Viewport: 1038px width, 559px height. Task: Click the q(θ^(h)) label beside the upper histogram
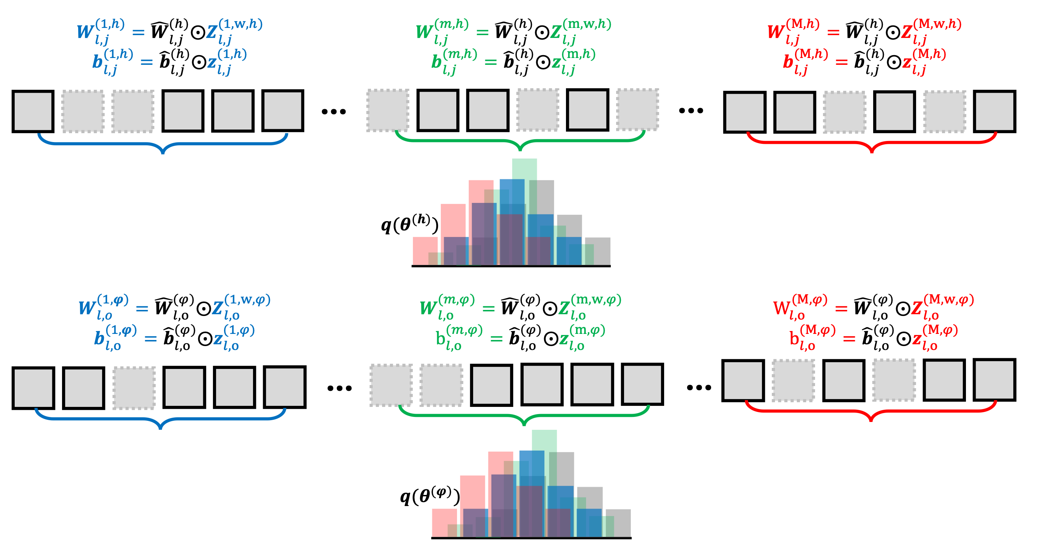point(409,224)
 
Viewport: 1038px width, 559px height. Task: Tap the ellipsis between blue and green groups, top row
point(334,112)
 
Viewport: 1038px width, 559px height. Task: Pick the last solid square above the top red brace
point(995,112)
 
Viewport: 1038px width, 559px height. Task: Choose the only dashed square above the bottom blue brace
point(134,388)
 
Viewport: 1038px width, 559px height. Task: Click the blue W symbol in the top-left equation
point(85,31)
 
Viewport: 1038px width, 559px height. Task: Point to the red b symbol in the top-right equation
point(788,62)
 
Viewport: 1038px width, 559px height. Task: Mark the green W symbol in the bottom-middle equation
point(427,308)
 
